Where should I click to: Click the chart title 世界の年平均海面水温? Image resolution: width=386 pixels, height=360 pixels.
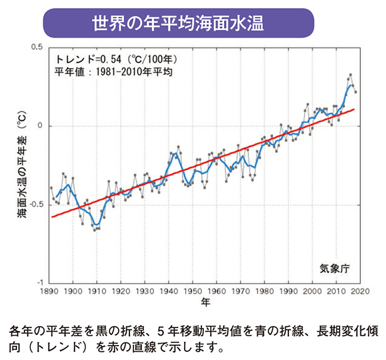pyautogui.click(x=177, y=23)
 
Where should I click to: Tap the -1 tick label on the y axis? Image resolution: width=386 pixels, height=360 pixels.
pyautogui.click(x=38, y=283)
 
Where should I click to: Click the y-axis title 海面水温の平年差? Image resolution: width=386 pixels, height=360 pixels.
pyautogui.click(x=22, y=165)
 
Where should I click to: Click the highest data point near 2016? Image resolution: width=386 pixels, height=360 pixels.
pyautogui.click(x=350, y=75)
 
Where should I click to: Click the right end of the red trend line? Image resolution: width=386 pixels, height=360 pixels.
pyautogui.click(x=355, y=109)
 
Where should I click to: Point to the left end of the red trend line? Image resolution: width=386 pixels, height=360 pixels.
pyautogui.click(x=51, y=217)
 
